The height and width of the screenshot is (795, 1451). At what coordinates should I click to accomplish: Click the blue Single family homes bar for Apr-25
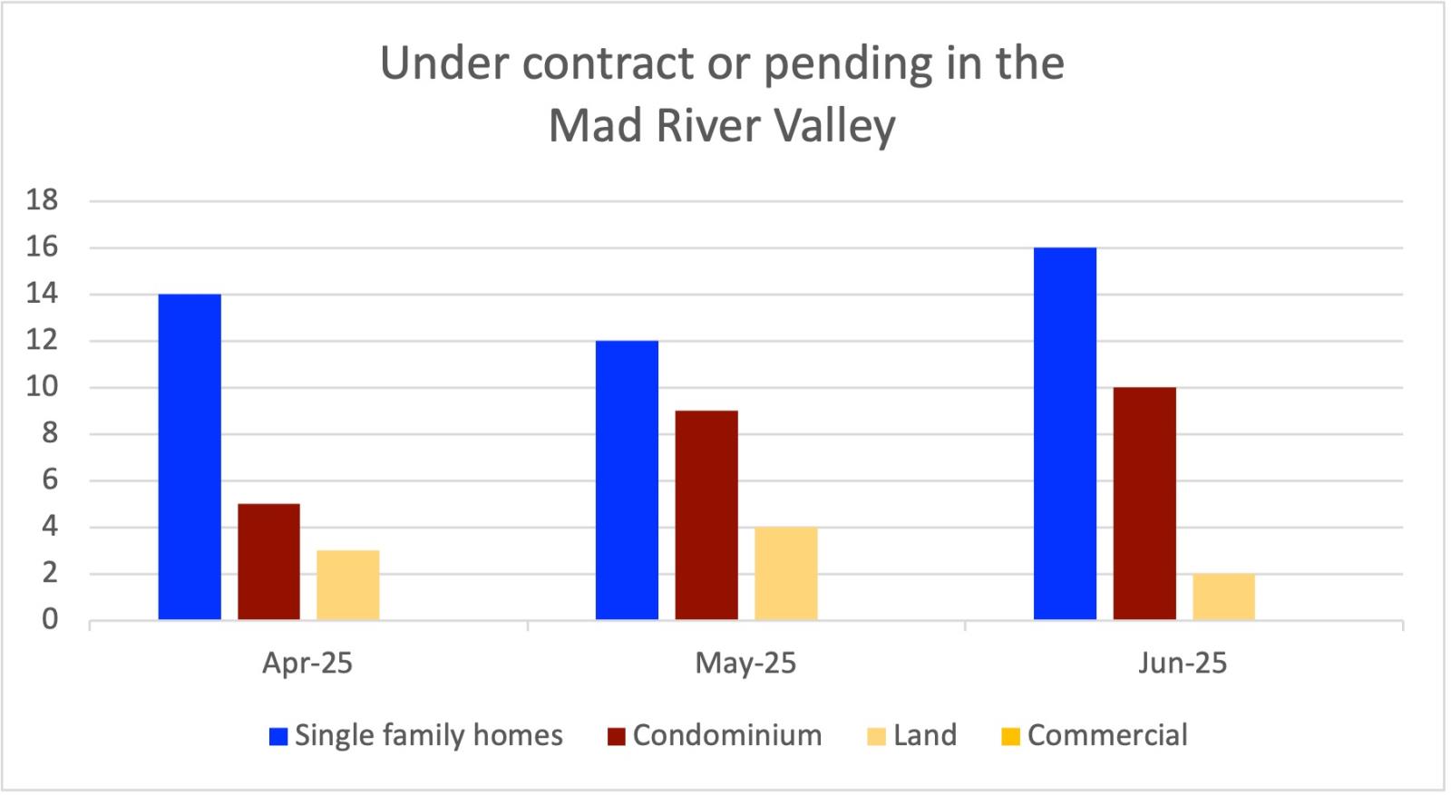(x=190, y=457)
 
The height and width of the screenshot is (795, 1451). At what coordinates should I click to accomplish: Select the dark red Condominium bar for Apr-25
(x=268, y=561)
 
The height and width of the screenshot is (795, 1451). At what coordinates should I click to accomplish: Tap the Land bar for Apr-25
(x=348, y=585)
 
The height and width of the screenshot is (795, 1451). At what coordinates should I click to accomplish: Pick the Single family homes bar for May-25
(x=627, y=480)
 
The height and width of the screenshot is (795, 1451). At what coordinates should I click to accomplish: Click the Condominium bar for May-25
(x=706, y=515)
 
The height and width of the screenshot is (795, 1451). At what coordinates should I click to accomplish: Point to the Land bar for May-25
(x=785, y=573)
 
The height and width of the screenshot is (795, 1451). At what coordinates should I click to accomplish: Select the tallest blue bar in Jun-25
(x=1065, y=433)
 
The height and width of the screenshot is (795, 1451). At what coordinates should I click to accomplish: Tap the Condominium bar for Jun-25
(x=1144, y=503)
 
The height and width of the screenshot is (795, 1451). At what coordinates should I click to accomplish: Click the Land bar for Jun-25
(x=1223, y=596)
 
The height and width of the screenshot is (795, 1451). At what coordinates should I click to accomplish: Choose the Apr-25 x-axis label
(x=307, y=664)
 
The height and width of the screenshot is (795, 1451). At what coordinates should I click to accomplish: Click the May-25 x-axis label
(x=745, y=664)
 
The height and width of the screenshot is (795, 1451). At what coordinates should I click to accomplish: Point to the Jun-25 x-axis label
(x=1183, y=664)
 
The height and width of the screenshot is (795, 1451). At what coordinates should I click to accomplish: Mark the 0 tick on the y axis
(x=49, y=620)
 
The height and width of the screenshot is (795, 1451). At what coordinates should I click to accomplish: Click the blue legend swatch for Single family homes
(x=278, y=736)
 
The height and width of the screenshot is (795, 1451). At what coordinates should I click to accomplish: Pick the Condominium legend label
(x=727, y=735)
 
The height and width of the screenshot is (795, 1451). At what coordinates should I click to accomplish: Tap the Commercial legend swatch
(x=1010, y=736)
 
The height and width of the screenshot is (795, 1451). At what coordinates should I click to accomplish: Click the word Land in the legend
(x=924, y=735)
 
